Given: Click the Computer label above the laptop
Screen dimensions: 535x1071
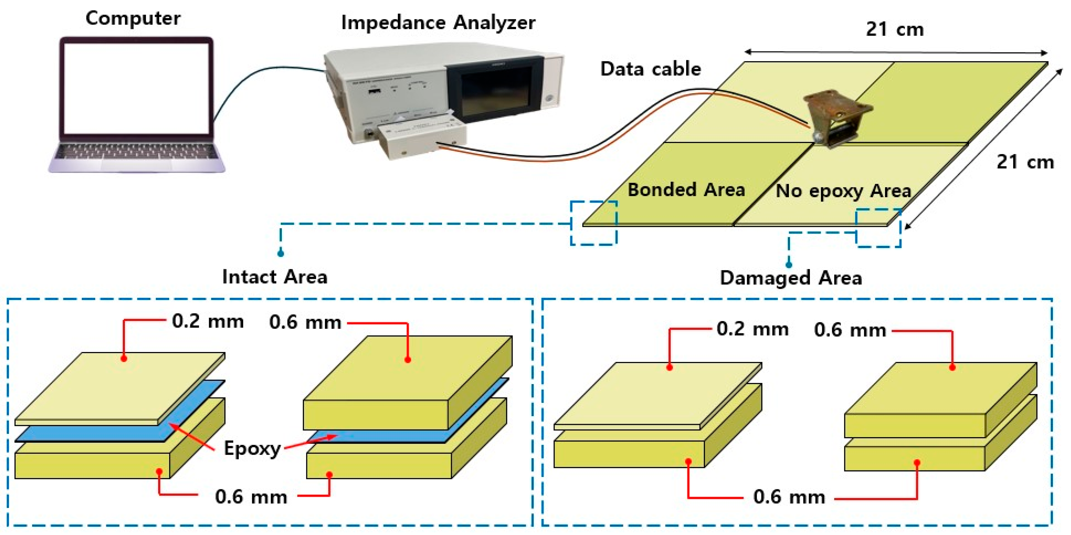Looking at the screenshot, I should pyautogui.click(x=133, y=18).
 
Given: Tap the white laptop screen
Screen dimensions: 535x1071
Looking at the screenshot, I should pyautogui.click(x=136, y=88).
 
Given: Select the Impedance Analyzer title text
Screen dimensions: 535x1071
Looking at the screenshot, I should pyautogui.click(x=438, y=22).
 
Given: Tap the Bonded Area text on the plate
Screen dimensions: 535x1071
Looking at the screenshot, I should pyautogui.click(x=686, y=190).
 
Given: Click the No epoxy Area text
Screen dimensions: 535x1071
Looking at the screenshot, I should pyautogui.click(x=843, y=191).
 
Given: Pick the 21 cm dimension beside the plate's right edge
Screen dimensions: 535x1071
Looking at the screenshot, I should pyautogui.click(x=1025, y=162).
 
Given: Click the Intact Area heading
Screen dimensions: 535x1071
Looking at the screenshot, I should pyautogui.click(x=275, y=277).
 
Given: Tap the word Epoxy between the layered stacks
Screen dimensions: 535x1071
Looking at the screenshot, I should pyautogui.click(x=252, y=449).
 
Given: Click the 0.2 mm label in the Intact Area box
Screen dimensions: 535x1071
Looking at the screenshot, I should pyautogui.click(x=208, y=321).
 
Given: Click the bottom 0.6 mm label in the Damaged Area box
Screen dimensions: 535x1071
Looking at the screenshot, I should pyautogui.click(x=789, y=497).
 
